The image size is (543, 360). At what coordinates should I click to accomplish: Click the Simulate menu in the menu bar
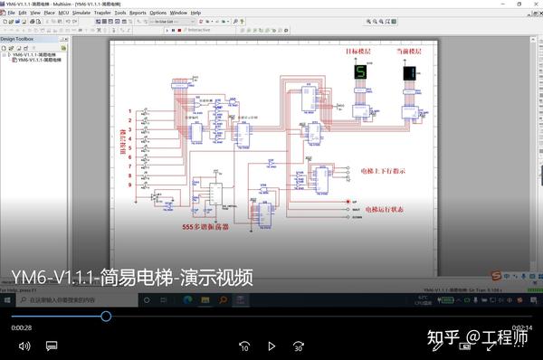81,14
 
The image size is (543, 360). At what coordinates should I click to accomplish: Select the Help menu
195,14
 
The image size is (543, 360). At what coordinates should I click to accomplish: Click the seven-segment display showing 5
360,71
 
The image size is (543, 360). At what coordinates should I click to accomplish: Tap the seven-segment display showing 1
409,73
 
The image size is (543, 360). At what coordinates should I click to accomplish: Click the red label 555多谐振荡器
205,228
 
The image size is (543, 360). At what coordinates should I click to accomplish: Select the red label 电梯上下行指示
383,170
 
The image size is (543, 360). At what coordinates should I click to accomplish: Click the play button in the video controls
271,346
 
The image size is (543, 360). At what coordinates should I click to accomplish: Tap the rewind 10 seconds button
244,346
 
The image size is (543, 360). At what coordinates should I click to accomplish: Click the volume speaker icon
24,346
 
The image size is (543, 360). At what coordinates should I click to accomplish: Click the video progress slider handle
106,316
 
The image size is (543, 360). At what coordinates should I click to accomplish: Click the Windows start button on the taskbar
7,299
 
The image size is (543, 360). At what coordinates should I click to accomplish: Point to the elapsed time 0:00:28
22,327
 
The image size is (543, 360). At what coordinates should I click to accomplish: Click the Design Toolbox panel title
17,40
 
